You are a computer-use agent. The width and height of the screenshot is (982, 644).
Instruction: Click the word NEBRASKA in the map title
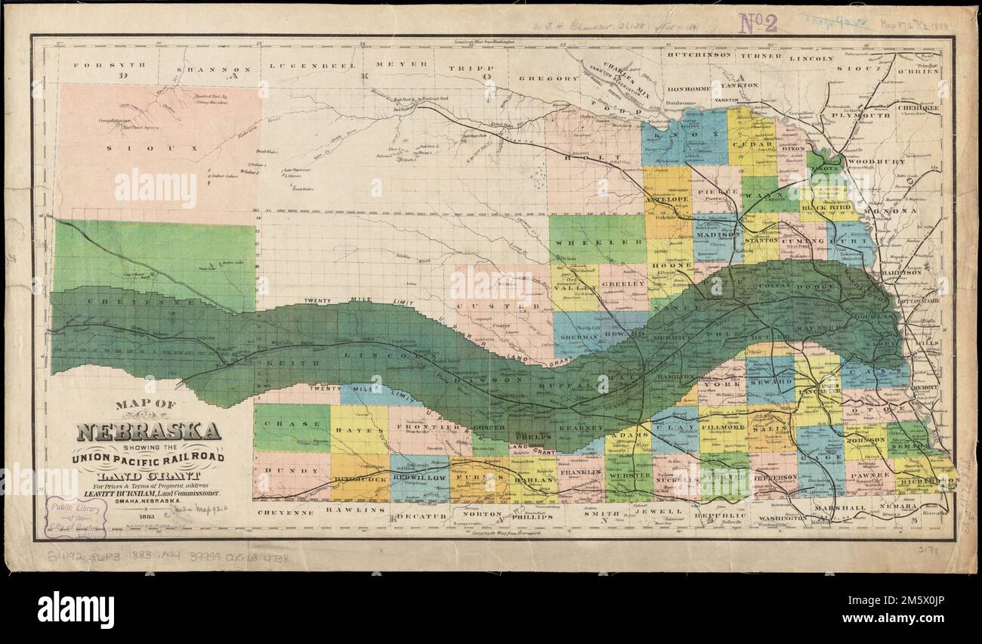tap(148, 432)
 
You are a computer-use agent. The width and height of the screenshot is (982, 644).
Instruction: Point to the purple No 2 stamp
tap(758, 23)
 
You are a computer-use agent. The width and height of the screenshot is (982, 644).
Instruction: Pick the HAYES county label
tap(360, 429)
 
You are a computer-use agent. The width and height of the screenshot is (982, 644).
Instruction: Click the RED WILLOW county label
tap(419, 478)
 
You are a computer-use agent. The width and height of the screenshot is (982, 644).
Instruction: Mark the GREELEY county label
tap(623, 284)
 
